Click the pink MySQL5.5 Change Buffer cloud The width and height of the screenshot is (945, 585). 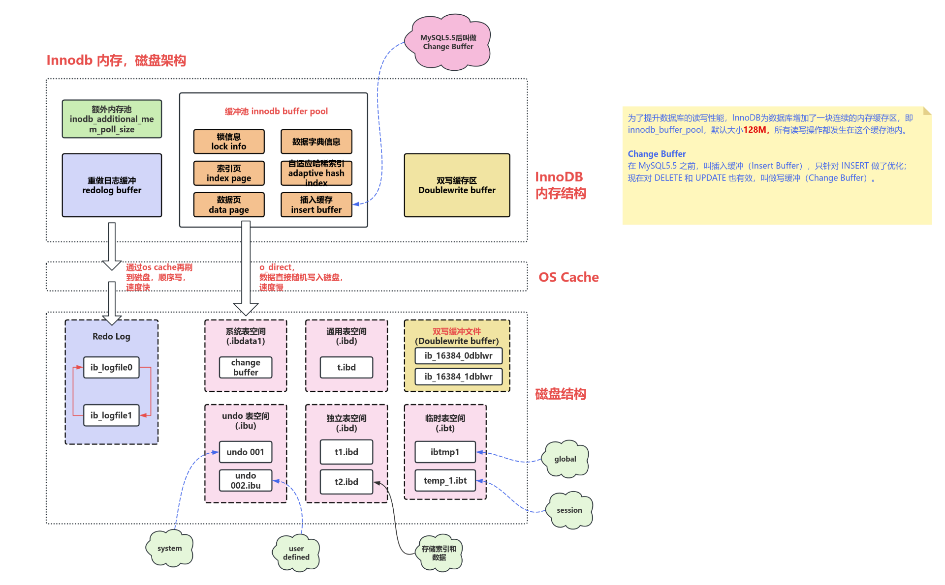(447, 42)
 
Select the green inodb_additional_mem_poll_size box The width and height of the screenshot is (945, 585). (112, 119)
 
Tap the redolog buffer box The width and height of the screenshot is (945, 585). (112, 185)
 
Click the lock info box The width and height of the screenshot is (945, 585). (229, 142)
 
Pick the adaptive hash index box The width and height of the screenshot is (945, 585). (316, 173)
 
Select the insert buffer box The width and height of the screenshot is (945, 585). (316, 205)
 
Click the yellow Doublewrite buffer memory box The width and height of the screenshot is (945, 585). (457, 185)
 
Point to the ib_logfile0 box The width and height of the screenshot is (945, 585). (111, 367)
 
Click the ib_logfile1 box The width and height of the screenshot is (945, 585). (111, 415)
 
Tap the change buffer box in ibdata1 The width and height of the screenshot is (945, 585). (246, 367)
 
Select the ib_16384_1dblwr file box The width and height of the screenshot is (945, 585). (458, 377)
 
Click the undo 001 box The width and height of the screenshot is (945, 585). (245, 452)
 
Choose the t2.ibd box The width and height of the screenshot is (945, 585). (346, 482)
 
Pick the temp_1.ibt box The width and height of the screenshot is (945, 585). (445, 480)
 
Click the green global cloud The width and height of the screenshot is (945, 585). (565, 459)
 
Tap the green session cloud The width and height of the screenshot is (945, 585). (569, 510)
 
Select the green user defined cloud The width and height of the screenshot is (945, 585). (296, 553)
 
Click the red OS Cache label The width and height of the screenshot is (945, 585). (568, 277)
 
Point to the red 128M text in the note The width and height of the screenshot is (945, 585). (755, 130)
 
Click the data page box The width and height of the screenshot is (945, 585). (229, 205)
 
